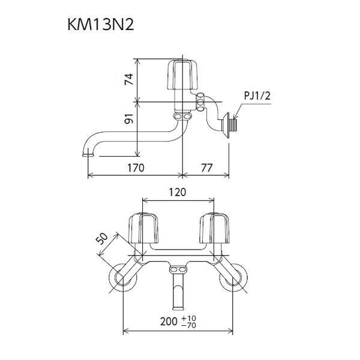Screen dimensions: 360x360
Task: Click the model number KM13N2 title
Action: click(x=101, y=25)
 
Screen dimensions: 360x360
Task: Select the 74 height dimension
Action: click(x=129, y=79)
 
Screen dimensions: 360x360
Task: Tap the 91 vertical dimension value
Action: click(x=129, y=118)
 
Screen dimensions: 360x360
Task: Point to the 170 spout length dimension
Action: click(x=136, y=168)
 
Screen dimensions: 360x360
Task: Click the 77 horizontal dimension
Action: click(x=206, y=168)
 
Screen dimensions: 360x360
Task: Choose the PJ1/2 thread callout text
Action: click(x=257, y=95)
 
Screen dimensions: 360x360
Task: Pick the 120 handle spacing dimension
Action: click(x=178, y=192)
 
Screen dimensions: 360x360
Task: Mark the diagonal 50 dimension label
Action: click(x=102, y=239)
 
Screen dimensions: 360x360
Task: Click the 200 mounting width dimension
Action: click(x=169, y=322)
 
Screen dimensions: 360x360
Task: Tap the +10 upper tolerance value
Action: click(x=189, y=319)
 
